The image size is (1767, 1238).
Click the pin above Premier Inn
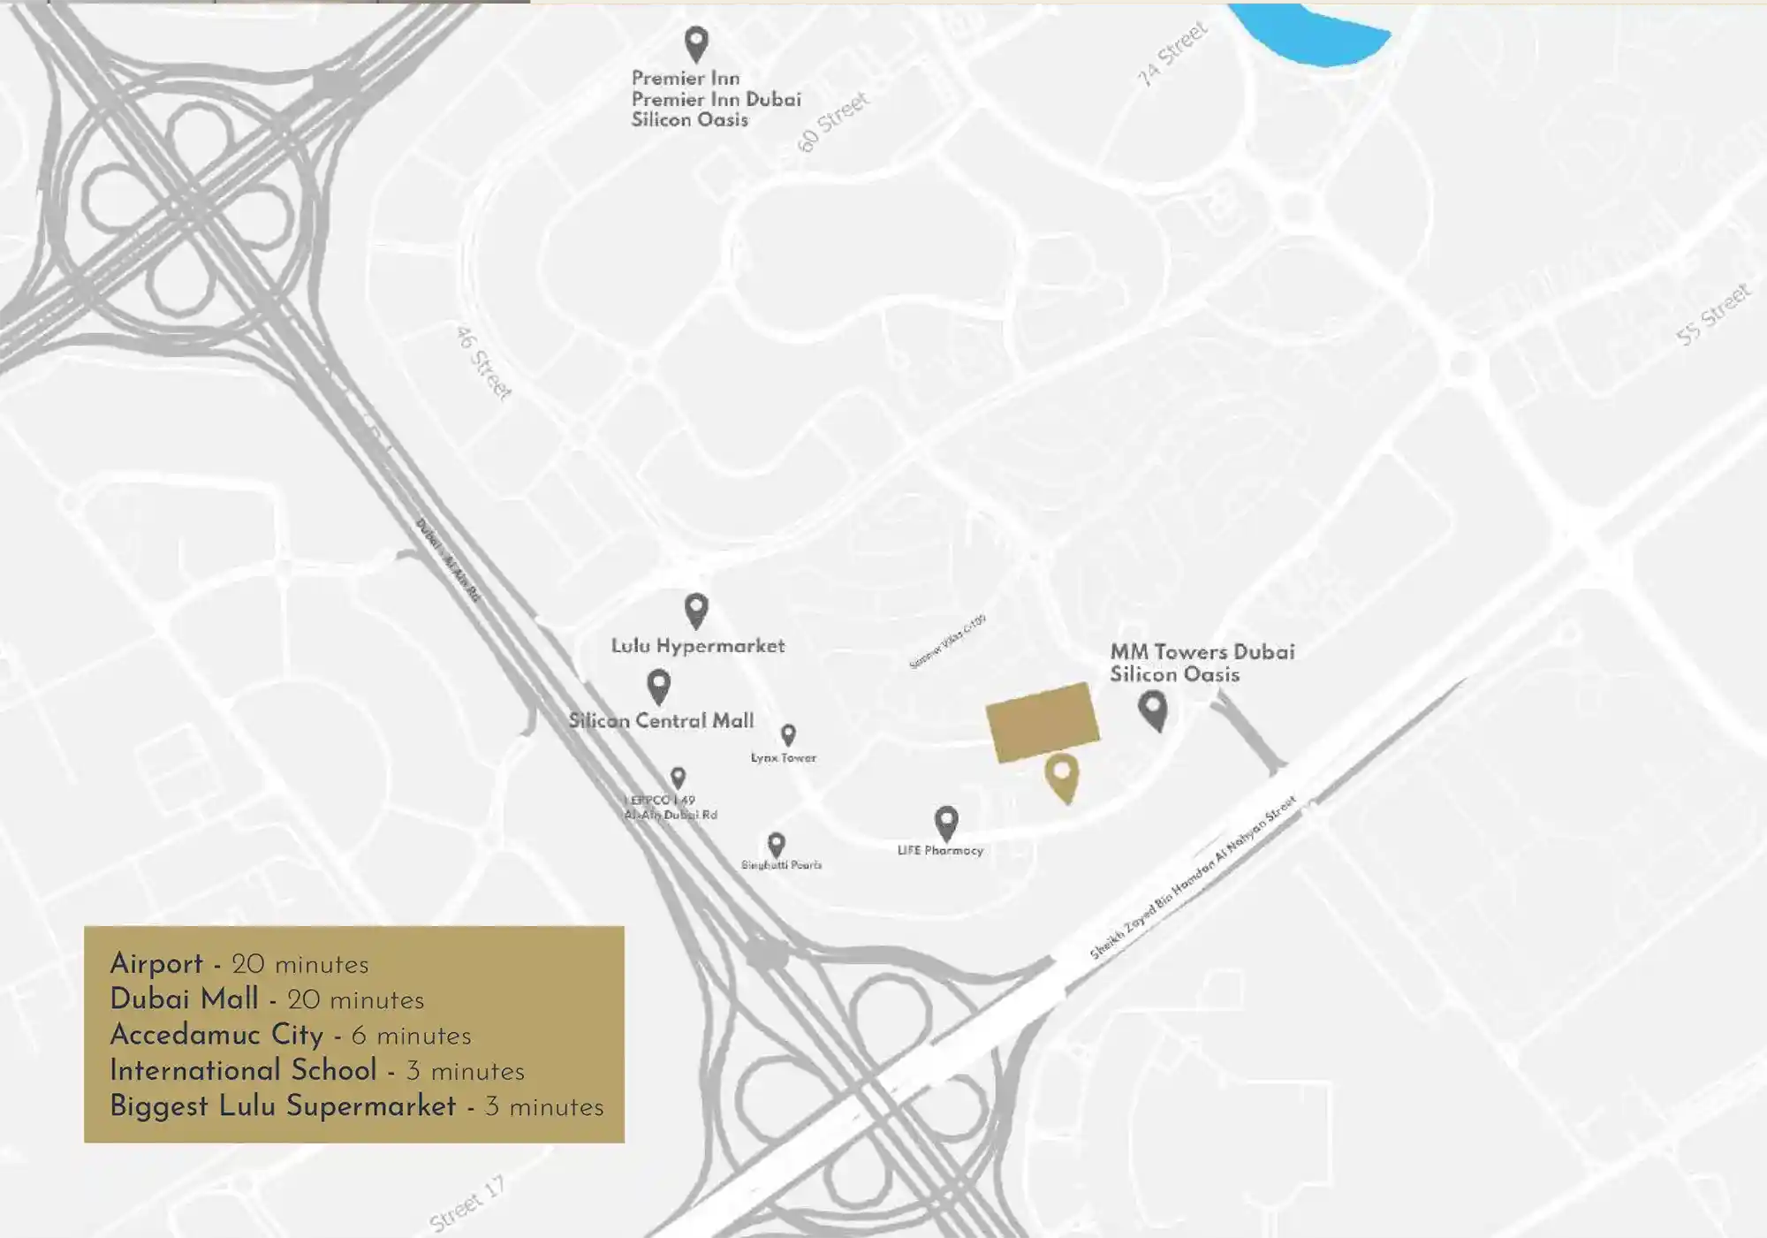click(x=696, y=42)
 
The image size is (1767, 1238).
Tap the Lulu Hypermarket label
click(x=697, y=646)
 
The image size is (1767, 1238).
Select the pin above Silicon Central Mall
click(x=658, y=686)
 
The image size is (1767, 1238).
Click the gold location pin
click(x=1061, y=776)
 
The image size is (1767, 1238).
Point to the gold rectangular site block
click(x=1043, y=721)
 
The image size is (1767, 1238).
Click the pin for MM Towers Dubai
click(x=1153, y=709)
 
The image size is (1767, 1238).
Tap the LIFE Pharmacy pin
click(x=946, y=822)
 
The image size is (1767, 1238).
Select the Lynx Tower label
click(x=784, y=758)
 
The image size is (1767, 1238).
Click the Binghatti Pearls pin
click(x=777, y=844)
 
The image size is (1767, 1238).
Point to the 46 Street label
click(x=483, y=362)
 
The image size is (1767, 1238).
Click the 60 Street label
click(x=832, y=122)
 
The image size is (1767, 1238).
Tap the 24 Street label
click(x=1172, y=54)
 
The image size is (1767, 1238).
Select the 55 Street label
click(x=1712, y=315)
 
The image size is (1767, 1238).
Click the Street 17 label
click(x=466, y=1204)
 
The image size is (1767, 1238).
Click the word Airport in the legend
click(x=156, y=964)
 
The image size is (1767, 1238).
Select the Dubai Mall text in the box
click(x=184, y=999)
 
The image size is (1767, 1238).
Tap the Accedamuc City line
click(x=290, y=1035)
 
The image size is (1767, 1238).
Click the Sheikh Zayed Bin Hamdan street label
click(x=1193, y=877)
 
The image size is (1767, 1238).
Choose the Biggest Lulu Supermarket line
click(x=356, y=1106)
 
